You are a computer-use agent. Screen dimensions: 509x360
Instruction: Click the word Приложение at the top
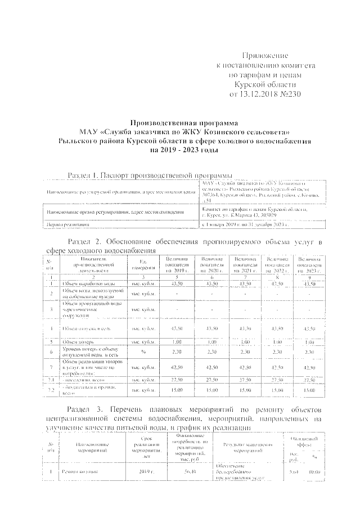pos(265,56)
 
